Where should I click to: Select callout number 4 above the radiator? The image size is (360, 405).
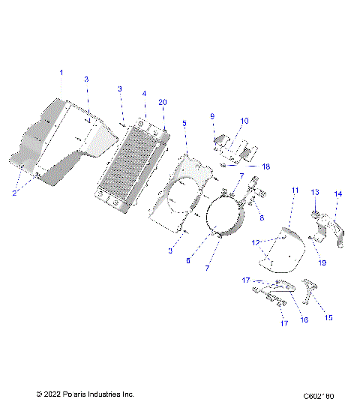[x=144, y=94]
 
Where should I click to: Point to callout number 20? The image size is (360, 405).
[x=163, y=102]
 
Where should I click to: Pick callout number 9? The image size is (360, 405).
[x=212, y=116]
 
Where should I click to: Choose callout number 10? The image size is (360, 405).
[x=244, y=121]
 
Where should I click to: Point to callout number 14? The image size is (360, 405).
[x=337, y=193]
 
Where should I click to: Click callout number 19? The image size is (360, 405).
[x=323, y=262]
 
